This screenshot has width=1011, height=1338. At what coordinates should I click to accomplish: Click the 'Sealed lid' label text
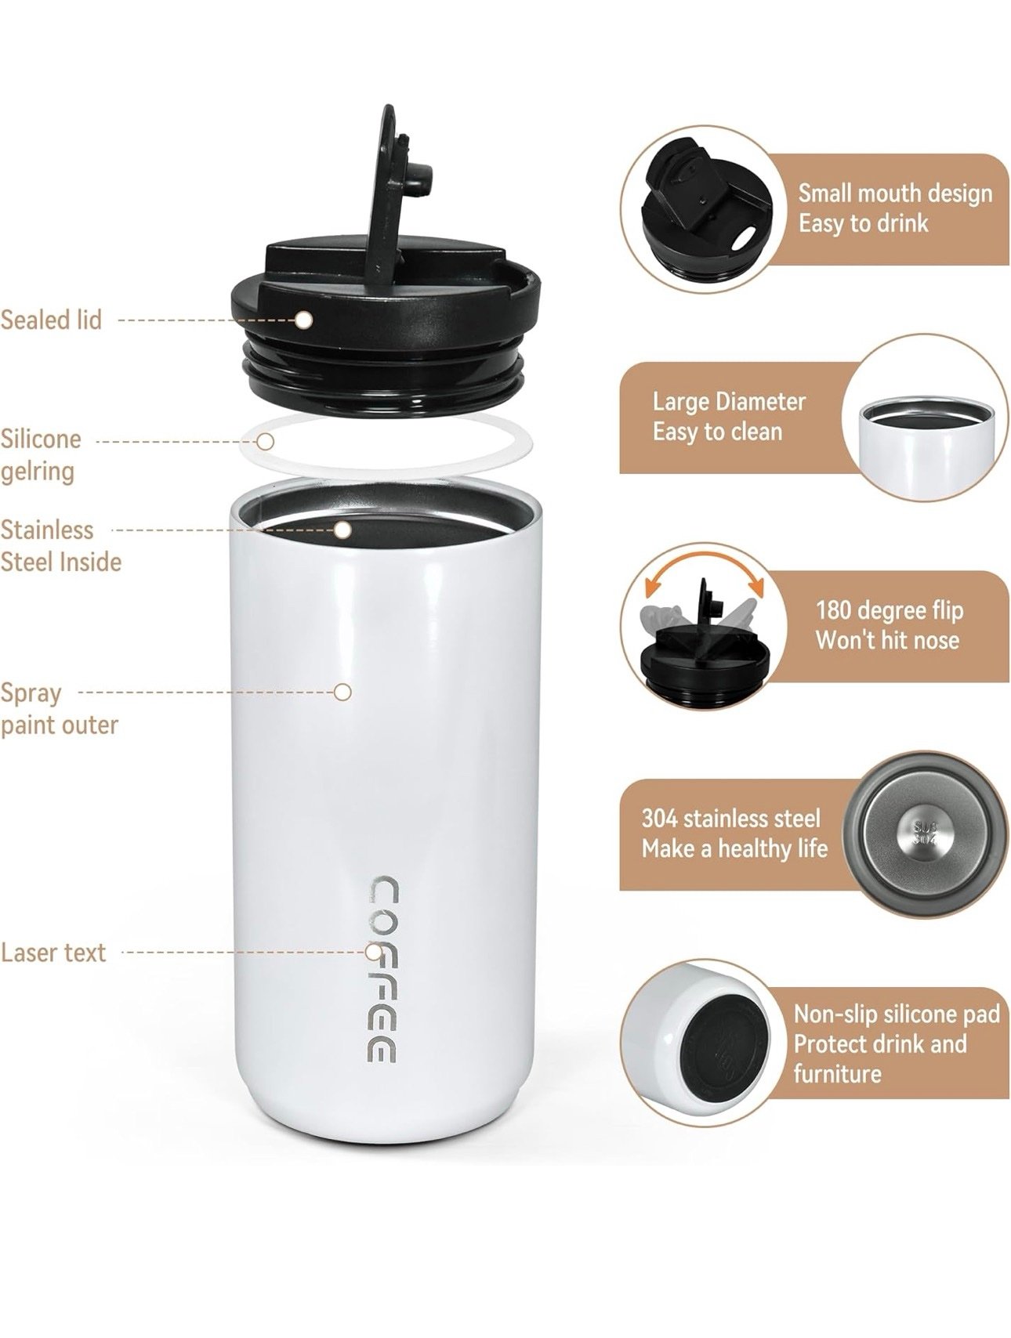pos(51,320)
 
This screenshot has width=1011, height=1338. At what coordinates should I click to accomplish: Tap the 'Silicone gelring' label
pos(40,454)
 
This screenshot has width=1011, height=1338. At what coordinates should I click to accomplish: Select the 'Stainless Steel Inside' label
pos(60,545)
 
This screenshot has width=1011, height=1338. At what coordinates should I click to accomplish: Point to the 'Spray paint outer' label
pos(59,709)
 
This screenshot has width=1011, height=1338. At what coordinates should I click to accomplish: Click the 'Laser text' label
pos(53,953)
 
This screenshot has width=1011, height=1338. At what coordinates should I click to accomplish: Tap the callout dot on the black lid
pos(304,320)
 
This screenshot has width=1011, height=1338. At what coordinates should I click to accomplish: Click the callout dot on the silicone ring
pos(266,441)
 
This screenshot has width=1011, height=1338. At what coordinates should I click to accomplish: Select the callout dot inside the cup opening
pos(342,530)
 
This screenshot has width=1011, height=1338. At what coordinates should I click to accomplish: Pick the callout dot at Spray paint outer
pos(342,692)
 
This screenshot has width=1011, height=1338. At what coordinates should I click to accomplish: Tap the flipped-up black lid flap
pos(400,188)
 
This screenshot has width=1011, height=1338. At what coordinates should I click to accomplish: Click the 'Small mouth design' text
pos(895,193)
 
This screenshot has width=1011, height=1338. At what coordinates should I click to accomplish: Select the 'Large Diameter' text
pos(729,402)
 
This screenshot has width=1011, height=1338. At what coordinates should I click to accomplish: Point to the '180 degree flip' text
pos(890,610)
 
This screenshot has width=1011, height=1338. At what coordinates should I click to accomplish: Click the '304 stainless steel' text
pos(730,819)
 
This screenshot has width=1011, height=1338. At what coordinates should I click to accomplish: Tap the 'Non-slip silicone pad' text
pos(897,1014)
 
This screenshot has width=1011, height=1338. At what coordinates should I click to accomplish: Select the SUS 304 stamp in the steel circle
pos(926,834)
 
